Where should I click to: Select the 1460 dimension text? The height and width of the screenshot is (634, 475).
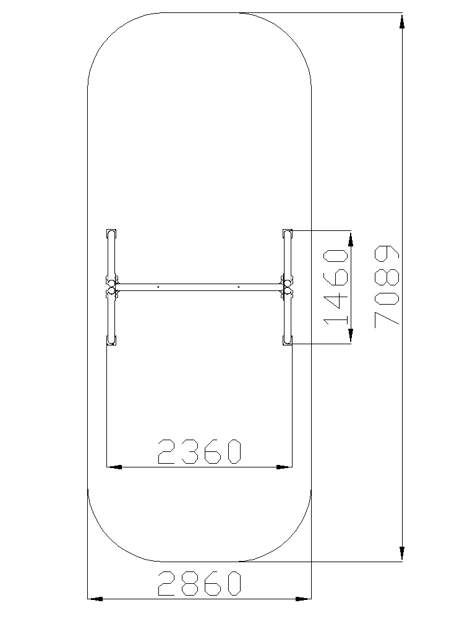336,287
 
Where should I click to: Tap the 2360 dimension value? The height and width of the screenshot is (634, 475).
200,451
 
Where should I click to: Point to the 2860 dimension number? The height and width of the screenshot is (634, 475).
200,583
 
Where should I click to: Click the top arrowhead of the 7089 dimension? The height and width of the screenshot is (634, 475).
402,22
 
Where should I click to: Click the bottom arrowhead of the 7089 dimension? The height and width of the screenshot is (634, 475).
402,553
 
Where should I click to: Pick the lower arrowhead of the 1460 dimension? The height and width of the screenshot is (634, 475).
351,336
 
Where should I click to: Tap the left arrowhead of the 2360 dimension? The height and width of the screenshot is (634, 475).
114,467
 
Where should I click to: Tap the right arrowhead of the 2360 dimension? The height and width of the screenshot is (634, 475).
284,467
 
